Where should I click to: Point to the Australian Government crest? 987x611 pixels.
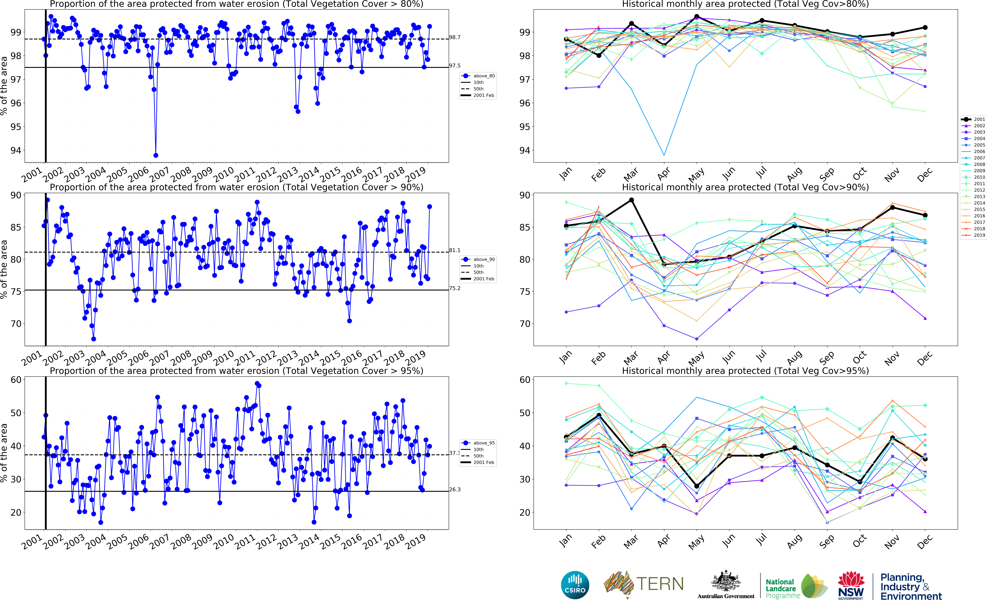[726, 581]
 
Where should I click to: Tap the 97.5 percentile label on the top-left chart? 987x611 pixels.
[455, 66]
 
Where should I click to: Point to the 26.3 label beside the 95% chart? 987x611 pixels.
[455, 489]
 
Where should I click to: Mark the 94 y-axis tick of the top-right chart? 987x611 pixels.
[524, 150]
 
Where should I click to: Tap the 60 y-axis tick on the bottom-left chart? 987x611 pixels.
[16, 380]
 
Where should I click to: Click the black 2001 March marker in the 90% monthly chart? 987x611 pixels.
[631, 200]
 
